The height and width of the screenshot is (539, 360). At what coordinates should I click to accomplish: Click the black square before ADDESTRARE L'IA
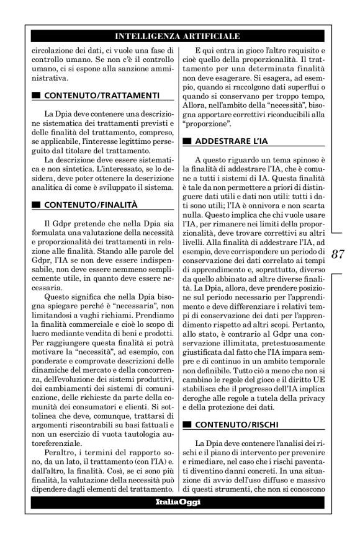pyautogui.click(x=188, y=141)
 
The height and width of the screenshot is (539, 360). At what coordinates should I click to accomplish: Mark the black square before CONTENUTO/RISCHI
pyautogui.click(x=188, y=425)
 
